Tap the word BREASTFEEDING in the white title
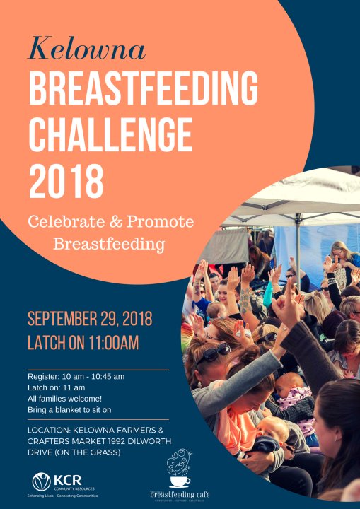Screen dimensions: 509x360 144,90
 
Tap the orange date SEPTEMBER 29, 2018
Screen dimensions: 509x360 90,319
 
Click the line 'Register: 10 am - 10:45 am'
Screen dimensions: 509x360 76,376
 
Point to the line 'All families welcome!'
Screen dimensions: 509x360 64,399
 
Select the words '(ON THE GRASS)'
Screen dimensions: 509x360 85,452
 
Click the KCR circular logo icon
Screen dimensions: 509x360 42,482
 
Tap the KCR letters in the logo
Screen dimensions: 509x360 66,479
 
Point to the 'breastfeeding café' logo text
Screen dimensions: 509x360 180,493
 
